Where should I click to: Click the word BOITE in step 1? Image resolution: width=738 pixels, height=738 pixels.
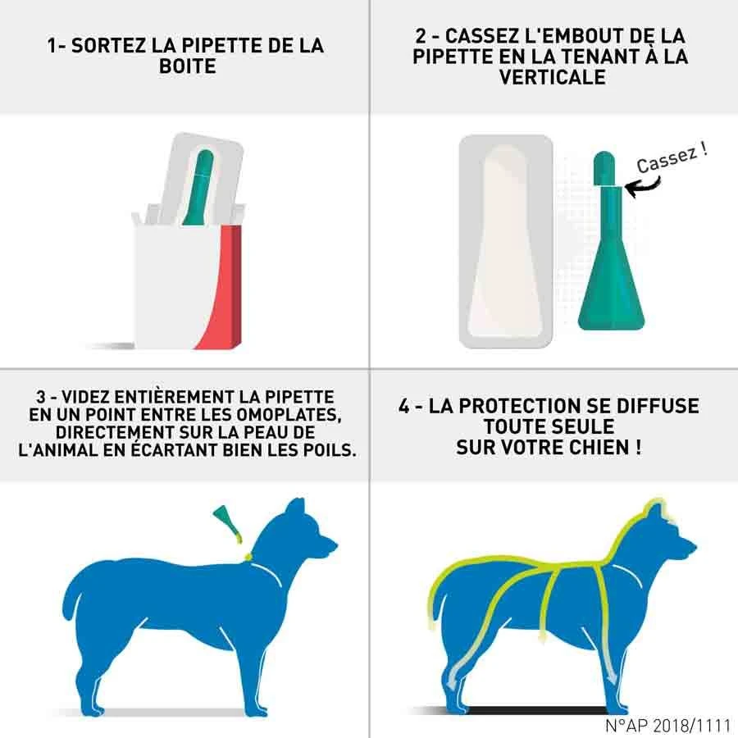coord(188,66)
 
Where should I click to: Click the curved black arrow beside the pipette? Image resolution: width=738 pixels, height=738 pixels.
coord(638,187)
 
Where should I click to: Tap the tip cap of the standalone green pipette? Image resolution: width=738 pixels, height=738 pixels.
coord(604,167)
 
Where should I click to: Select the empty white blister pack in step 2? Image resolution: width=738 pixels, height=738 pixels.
coord(506,242)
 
